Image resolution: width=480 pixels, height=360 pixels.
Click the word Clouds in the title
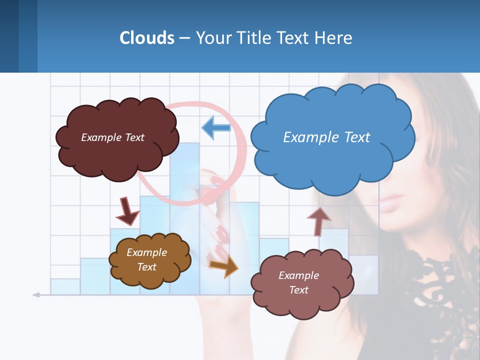(147, 38)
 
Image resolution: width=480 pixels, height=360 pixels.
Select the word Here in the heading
(334, 38)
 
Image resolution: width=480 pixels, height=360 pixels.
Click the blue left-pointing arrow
(215, 127)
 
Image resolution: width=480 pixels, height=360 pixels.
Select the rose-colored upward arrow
(318, 221)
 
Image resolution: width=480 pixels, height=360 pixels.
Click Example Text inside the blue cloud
(326, 137)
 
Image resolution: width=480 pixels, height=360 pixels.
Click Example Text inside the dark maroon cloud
(112, 137)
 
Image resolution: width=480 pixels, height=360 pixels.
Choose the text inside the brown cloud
(146, 259)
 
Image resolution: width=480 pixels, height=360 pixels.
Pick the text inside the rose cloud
(298, 282)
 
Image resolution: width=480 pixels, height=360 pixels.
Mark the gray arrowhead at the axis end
(36, 295)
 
